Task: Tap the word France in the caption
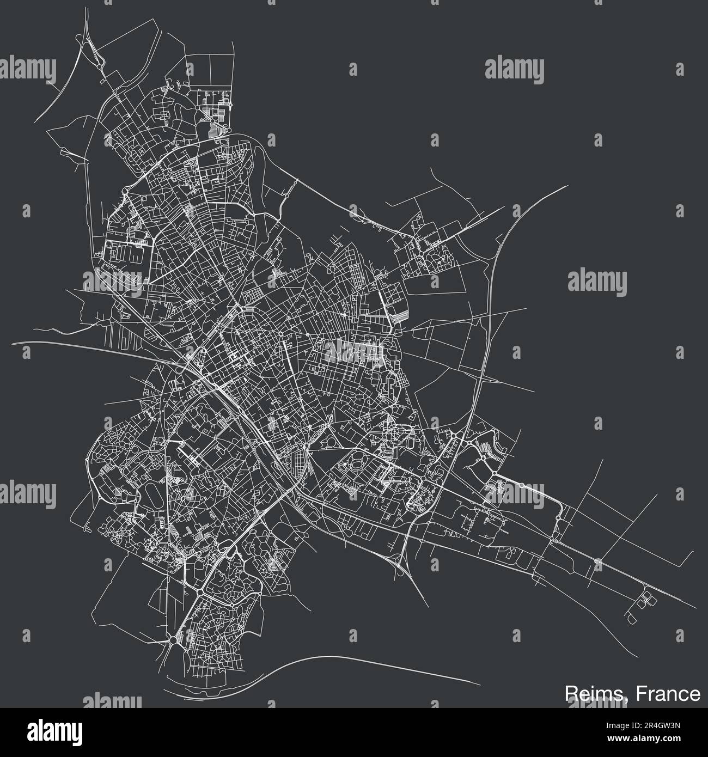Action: [x=670, y=693]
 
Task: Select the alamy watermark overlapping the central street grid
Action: [x=354, y=349]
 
